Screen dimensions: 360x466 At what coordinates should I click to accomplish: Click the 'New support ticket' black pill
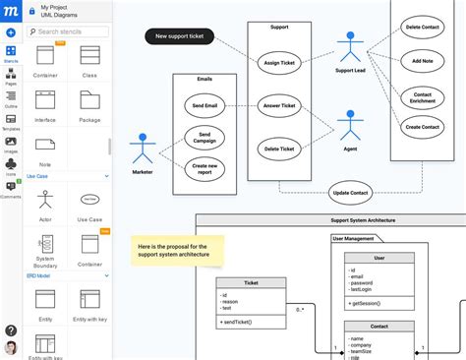[x=179, y=37]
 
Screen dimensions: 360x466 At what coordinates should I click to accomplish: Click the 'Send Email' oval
[x=205, y=104]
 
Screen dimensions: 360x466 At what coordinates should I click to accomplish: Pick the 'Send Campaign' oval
[x=205, y=137]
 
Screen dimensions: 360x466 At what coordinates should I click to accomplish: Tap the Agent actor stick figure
[x=350, y=125]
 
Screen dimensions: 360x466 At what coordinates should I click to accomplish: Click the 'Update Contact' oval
[x=350, y=192]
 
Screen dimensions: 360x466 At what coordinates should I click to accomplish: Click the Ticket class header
[x=251, y=282]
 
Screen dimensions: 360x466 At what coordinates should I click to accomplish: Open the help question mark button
[x=11, y=330]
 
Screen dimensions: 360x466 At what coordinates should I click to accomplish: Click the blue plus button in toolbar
[x=11, y=32]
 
